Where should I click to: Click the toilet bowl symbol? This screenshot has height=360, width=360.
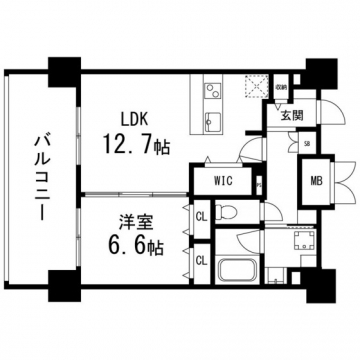point(227,213)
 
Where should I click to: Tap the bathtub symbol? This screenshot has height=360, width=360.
point(235,271)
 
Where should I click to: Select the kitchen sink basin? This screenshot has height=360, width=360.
point(211,122)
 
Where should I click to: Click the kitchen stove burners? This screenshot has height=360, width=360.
point(211,94)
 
